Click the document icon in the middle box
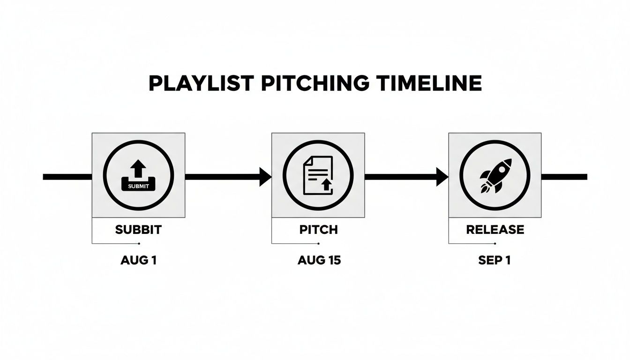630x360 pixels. click(318, 175)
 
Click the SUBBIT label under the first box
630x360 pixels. click(138, 230)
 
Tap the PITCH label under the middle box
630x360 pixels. click(318, 230)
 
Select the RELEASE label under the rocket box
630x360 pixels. click(495, 230)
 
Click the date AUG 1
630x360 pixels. click(138, 261)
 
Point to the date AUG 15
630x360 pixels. click(319, 261)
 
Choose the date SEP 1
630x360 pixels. click(494, 261)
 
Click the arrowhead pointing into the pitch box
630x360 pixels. click(265, 177)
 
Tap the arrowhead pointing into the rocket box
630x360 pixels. click(442, 177)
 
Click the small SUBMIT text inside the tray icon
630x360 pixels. click(138, 186)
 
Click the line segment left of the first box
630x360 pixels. click(67, 177)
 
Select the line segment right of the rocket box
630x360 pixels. click(564, 177)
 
